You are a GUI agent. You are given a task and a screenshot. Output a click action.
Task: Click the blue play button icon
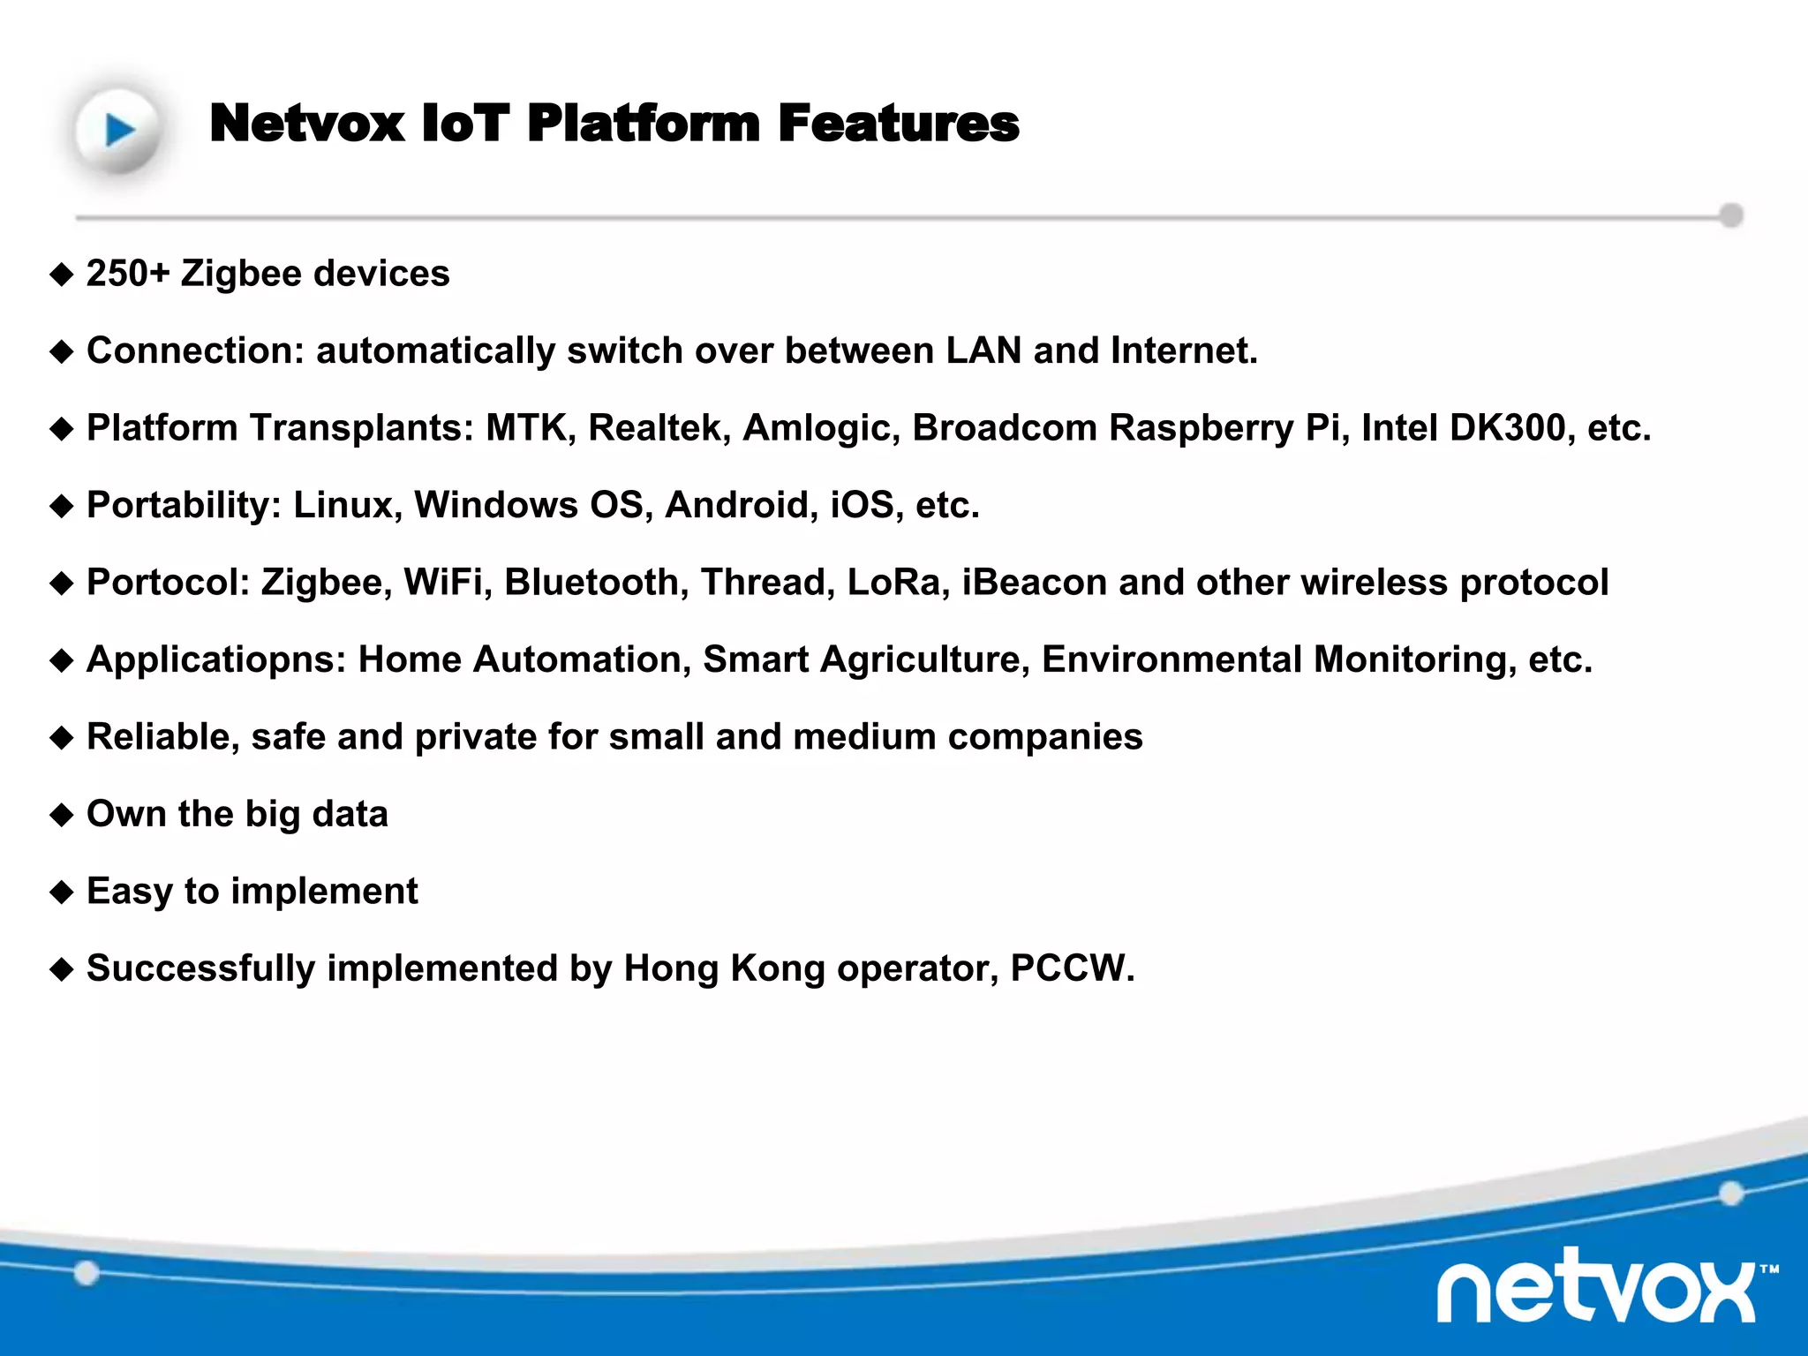coord(118,130)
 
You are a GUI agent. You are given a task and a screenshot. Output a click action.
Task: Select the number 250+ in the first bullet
coord(127,274)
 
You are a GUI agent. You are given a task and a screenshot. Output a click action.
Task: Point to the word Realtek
coord(659,428)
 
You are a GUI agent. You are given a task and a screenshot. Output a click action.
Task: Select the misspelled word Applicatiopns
coord(216,659)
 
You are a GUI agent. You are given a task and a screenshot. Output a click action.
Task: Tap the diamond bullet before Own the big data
coord(62,815)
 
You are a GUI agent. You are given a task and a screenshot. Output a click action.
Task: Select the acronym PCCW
coord(1071,968)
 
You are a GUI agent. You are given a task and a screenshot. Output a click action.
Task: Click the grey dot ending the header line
coord(1731,215)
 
